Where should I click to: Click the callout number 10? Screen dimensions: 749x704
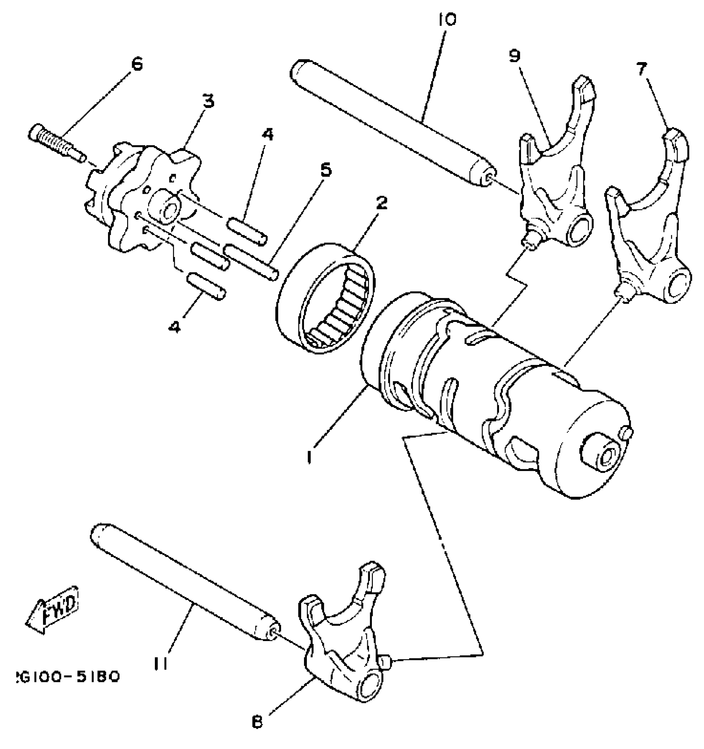tap(446, 19)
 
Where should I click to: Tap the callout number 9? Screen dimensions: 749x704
tap(515, 56)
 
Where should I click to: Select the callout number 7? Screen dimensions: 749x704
tap(641, 70)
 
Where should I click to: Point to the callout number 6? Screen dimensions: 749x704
tap(137, 64)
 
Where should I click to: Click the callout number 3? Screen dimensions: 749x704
tap(208, 101)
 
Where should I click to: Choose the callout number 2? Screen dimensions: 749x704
tap(381, 203)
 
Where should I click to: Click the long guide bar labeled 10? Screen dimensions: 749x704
tap(389, 124)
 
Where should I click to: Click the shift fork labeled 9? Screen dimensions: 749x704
tap(555, 174)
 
